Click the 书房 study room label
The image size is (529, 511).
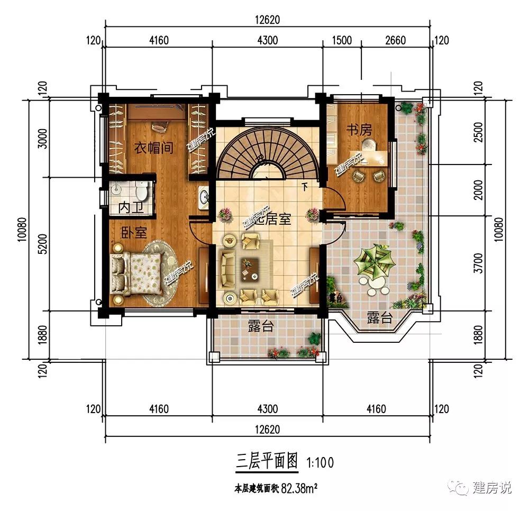[x=359, y=130]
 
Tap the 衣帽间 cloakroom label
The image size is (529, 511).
[x=153, y=148]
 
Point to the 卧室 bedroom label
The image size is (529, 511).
[x=134, y=232]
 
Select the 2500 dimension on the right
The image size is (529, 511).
[x=479, y=137]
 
